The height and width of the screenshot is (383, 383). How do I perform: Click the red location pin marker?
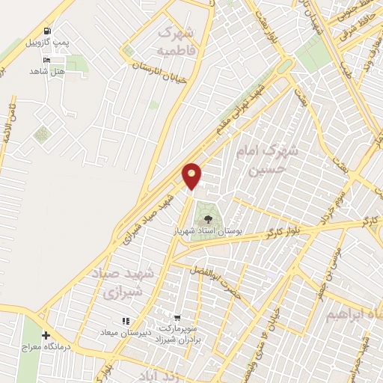pos(192,176)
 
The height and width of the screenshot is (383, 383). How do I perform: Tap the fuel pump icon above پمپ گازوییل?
pos(48,31)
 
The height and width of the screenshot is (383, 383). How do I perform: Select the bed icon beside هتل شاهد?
pos(48,59)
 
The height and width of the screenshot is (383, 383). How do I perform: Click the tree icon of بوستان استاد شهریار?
pos(208,220)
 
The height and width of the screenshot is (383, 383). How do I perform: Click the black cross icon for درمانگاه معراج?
pos(46,335)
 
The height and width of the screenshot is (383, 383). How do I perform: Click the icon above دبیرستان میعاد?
pos(126,321)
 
